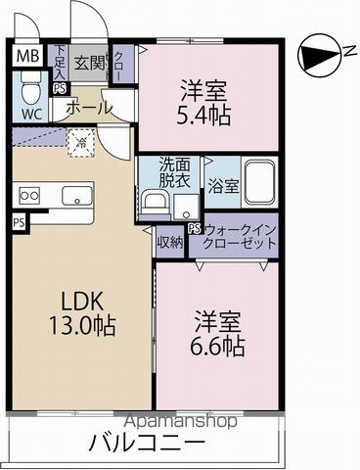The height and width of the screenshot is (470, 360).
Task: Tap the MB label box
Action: coord(28,56)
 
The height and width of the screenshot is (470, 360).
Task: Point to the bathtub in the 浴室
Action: coord(257,184)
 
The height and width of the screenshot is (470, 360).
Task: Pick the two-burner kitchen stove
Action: coord(28,196)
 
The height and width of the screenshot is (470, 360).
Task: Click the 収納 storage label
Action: coord(168,240)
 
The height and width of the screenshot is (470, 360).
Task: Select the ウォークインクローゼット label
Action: coord(240,236)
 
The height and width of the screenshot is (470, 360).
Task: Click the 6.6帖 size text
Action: coord(218,346)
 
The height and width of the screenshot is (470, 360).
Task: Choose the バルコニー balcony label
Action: coord(147,443)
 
